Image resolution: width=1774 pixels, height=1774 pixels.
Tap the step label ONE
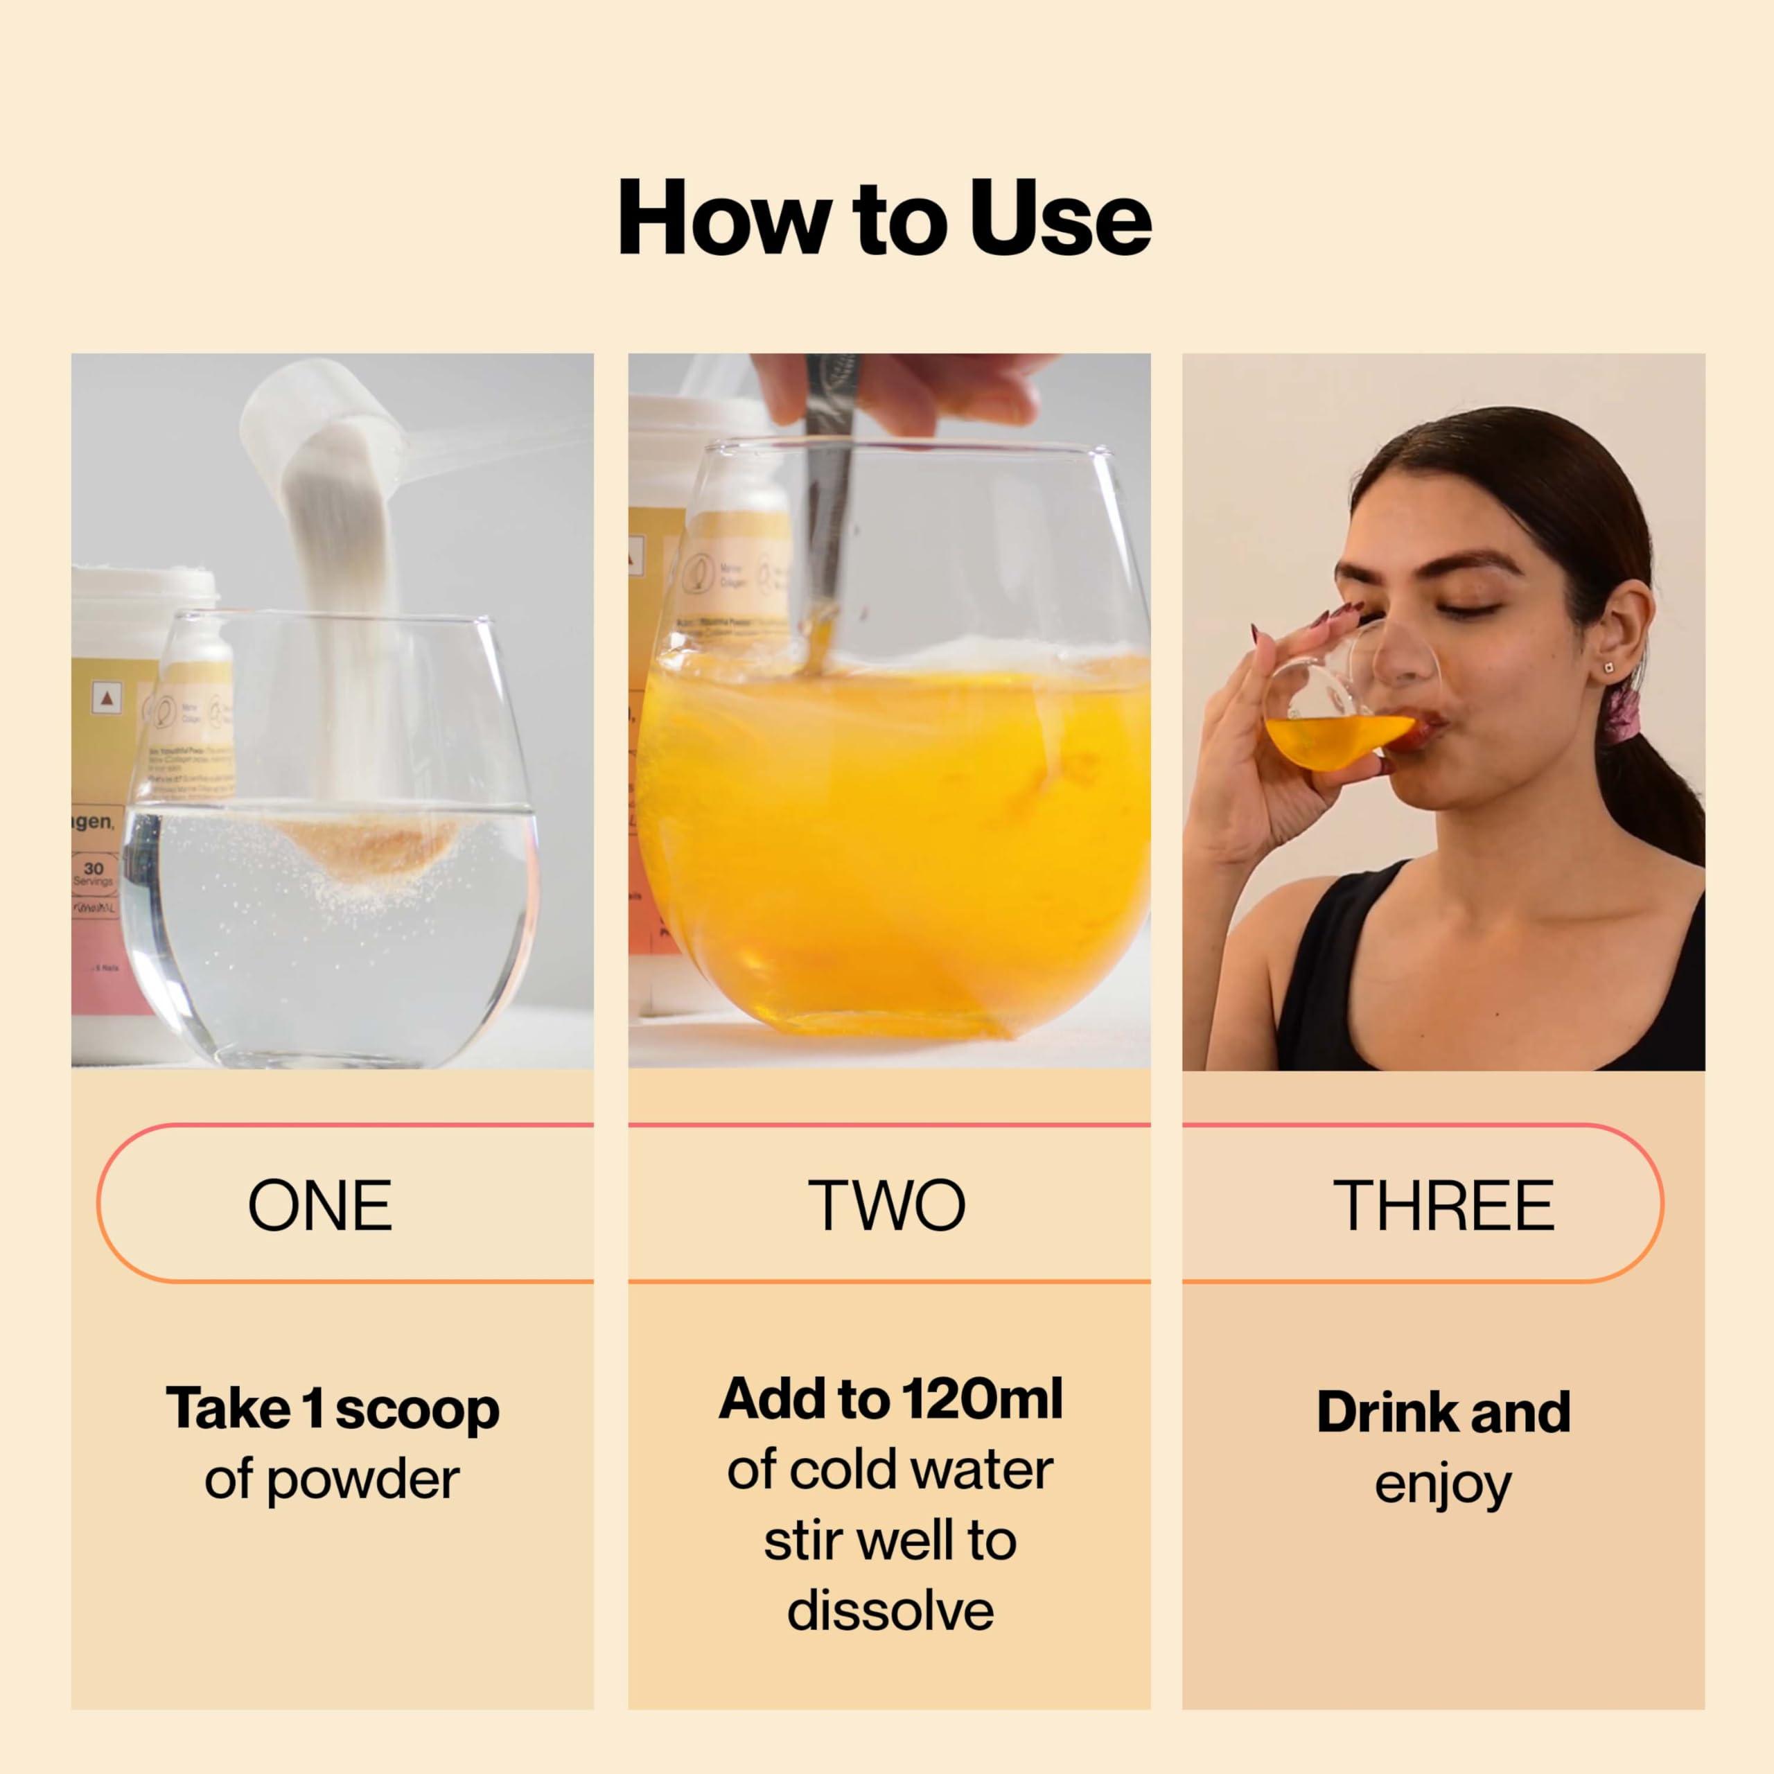coord(319,1206)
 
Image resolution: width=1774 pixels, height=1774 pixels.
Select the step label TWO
coord(887,1206)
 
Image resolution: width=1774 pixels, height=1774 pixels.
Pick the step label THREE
coord(1443,1206)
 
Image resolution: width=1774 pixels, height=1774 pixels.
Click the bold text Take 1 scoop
coord(333,1409)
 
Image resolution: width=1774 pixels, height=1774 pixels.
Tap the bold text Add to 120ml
coord(890,1399)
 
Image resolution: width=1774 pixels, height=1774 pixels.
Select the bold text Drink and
coord(1443,1412)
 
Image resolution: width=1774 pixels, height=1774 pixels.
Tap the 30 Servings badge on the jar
coord(93,872)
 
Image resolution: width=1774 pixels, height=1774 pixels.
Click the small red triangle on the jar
coord(109,699)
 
